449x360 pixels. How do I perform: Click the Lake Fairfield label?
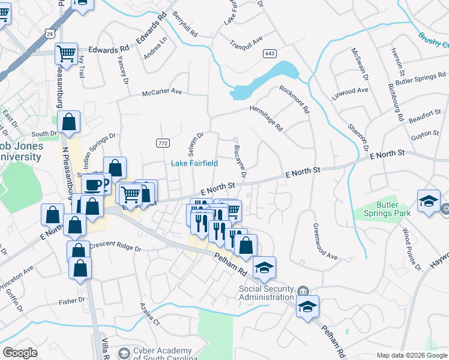[194, 163]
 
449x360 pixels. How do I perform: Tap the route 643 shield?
[270, 54]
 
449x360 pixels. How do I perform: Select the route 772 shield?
[163, 143]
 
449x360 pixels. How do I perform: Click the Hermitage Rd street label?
[266, 118]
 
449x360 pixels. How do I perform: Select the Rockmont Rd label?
[294, 100]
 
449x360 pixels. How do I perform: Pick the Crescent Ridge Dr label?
[115, 248]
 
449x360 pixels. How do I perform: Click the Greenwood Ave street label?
[325, 241]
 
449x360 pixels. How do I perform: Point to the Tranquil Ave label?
[246, 43]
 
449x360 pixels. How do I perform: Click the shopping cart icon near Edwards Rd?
[66, 53]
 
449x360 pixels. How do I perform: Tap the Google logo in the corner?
[20, 353]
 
